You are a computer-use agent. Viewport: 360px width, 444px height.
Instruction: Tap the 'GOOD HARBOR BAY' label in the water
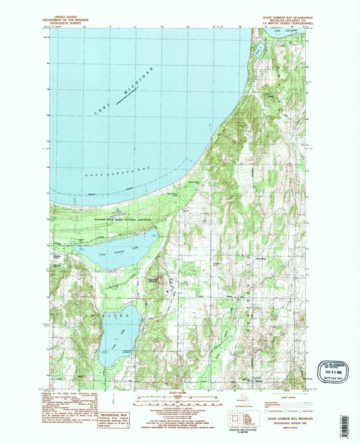(124, 174)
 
